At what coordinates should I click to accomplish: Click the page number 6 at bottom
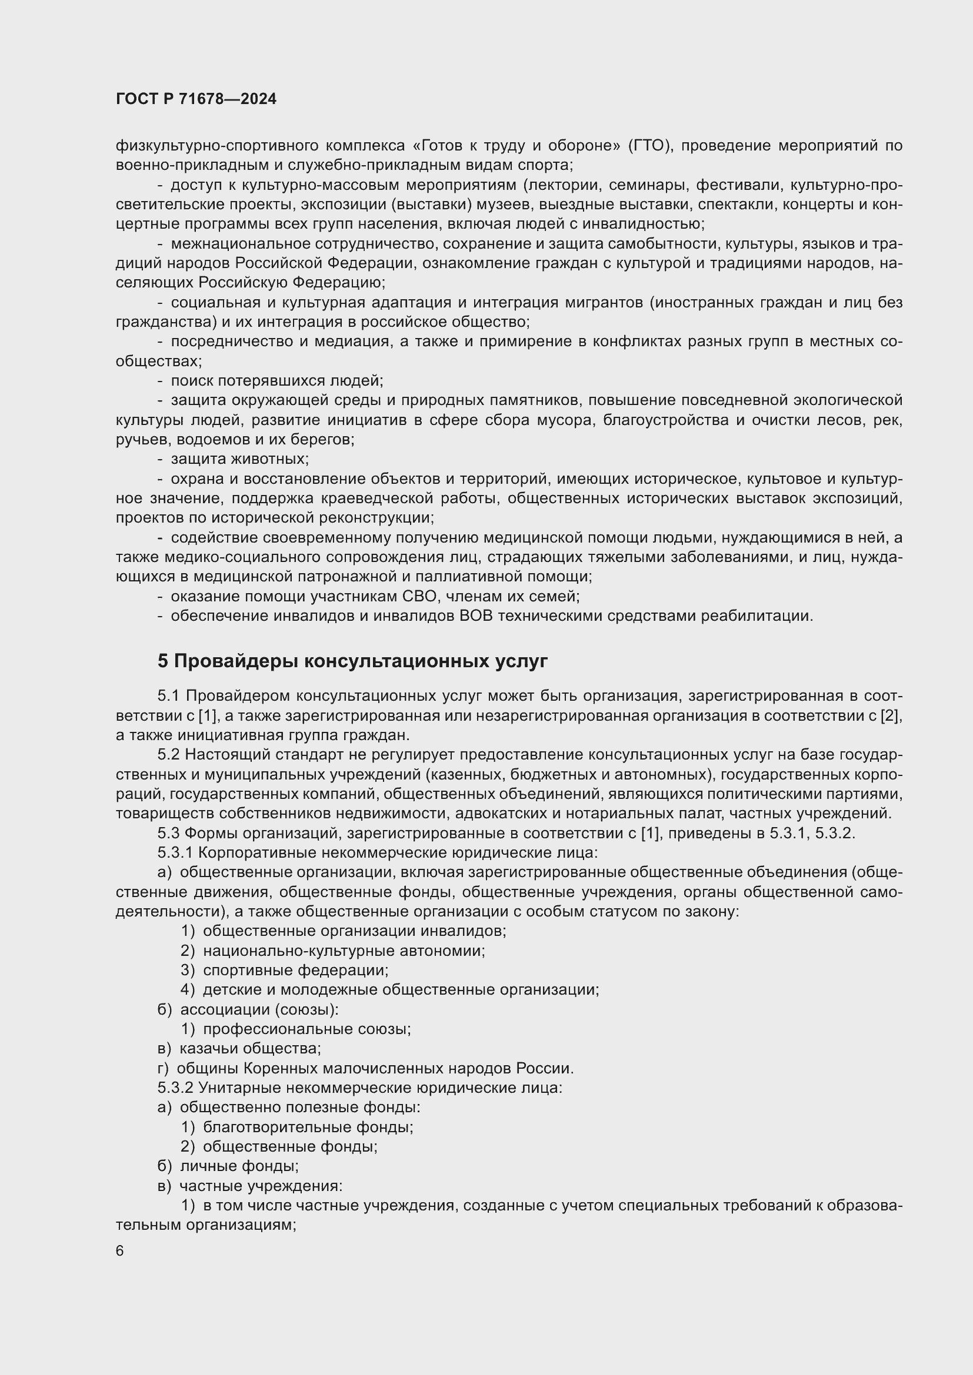point(120,1250)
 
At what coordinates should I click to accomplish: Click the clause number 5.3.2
point(174,1087)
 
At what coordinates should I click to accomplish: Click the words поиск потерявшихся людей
point(277,381)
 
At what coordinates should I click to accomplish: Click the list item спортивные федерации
point(296,969)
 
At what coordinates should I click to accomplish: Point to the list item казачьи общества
point(251,1048)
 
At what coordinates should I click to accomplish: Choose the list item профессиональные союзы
point(306,1029)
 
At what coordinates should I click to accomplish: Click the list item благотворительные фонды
point(308,1126)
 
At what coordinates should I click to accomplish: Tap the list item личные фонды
point(239,1165)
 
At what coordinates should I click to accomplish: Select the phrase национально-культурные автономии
point(344,951)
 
